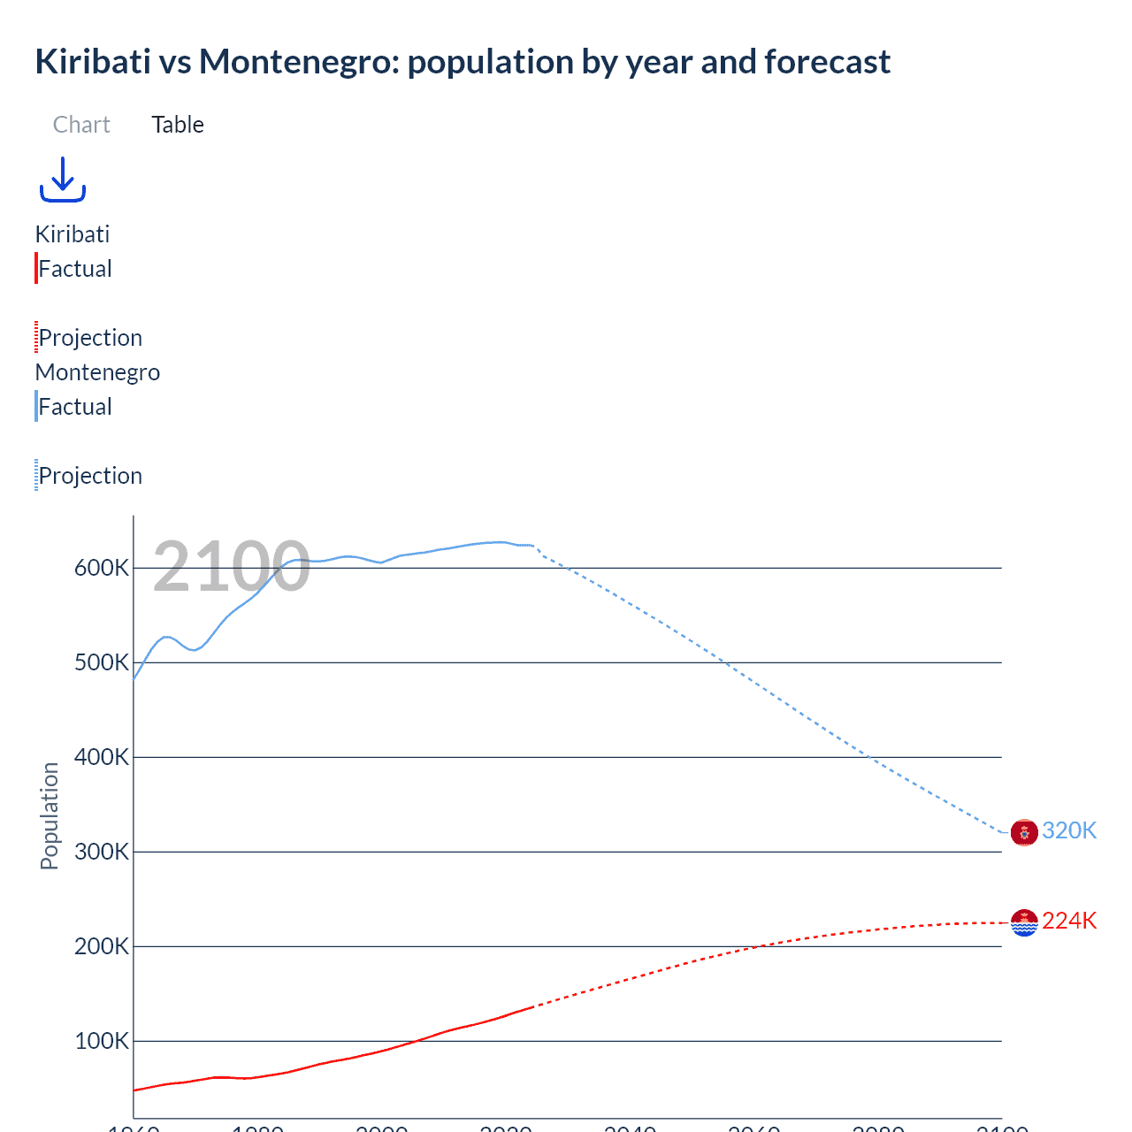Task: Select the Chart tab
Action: pyautogui.click(x=81, y=125)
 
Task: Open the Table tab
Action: pyautogui.click(x=178, y=125)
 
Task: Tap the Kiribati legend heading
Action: pyautogui.click(x=73, y=234)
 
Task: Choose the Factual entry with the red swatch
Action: pyautogui.click(x=75, y=269)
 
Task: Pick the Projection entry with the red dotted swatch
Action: pyautogui.click(x=90, y=338)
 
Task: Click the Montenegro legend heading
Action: pyautogui.click(x=97, y=372)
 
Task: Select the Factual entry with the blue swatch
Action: pyautogui.click(x=75, y=407)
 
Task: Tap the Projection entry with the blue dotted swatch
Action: pyautogui.click(x=90, y=476)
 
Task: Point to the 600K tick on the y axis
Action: pyautogui.click(x=102, y=568)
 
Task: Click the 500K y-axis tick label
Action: pyautogui.click(x=102, y=662)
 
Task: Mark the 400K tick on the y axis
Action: pyautogui.click(x=102, y=757)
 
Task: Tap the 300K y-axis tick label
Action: pyautogui.click(x=102, y=852)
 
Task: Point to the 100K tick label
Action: pyautogui.click(x=102, y=1041)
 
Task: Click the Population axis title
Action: pyautogui.click(x=50, y=815)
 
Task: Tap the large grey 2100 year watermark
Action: pyautogui.click(x=231, y=567)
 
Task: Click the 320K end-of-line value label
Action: pyautogui.click(x=1069, y=830)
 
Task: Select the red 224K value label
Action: pyautogui.click(x=1069, y=921)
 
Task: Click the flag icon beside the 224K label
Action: pyautogui.click(x=1024, y=922)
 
